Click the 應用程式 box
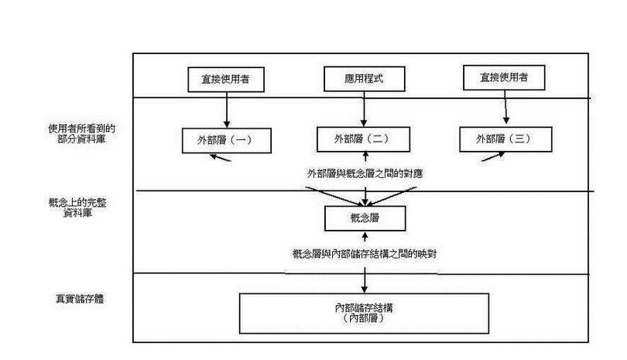click(354, 79)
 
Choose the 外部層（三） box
click(505, 139)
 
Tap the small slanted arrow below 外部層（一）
click(219, 157)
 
